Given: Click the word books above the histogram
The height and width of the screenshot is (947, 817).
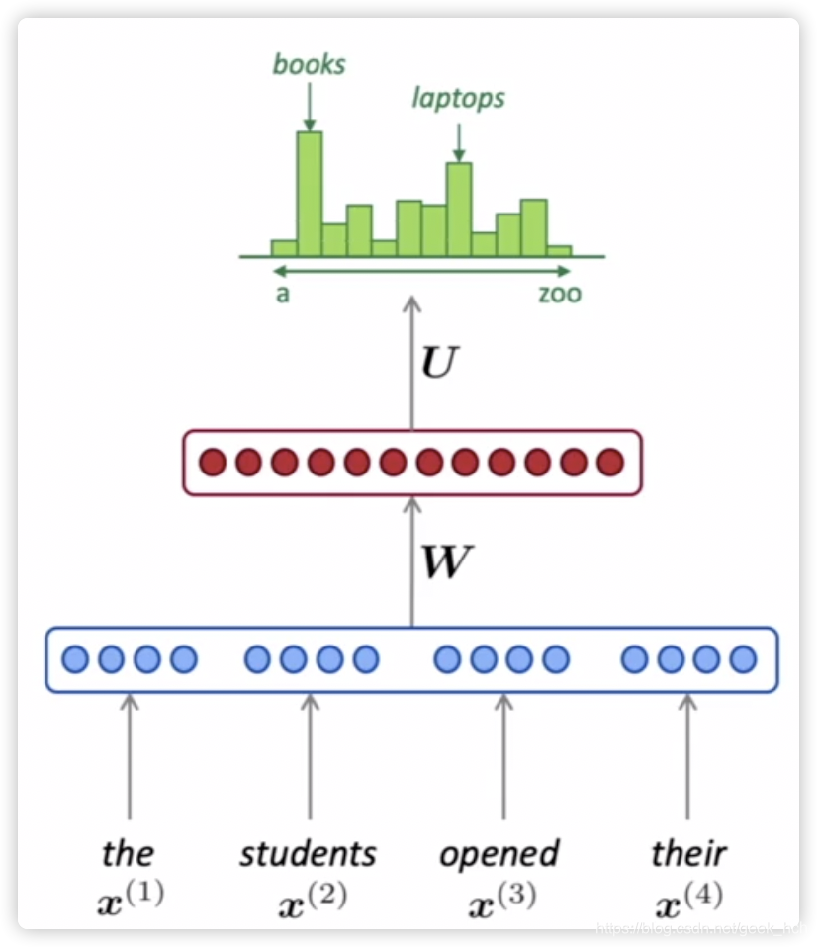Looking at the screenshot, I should [309, 65].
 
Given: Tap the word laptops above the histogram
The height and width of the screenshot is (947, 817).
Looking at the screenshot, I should [458, 98].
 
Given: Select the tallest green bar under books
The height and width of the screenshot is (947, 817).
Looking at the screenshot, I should [310, 193].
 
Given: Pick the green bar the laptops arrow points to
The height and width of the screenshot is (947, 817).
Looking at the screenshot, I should [459, 209].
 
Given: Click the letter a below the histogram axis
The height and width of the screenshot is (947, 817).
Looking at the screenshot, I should [283, 294].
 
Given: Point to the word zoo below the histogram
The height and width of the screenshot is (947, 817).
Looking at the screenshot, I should [560, 294].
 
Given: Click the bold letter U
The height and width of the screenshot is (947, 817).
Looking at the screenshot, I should [439, 365].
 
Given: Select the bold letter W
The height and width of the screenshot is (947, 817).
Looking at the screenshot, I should [446, 562].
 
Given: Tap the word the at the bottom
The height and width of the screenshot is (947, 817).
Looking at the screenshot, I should [129, 853].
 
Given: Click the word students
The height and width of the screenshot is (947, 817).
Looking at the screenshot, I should [308, 853].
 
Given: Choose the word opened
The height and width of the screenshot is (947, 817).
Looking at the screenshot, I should [499, 853].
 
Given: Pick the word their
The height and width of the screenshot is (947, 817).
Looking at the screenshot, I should [688, 853].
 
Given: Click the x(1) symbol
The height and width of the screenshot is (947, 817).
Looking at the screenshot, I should [132, 897].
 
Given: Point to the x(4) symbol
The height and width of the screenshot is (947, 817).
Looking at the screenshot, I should [689, 897].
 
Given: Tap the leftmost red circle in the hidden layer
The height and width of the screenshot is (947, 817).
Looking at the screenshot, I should [212, 462].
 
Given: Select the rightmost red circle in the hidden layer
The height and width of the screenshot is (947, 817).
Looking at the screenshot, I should [610, 462].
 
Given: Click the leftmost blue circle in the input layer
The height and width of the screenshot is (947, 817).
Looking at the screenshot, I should [75, 659].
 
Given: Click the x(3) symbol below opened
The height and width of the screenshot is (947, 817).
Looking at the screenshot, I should [503, 897].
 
